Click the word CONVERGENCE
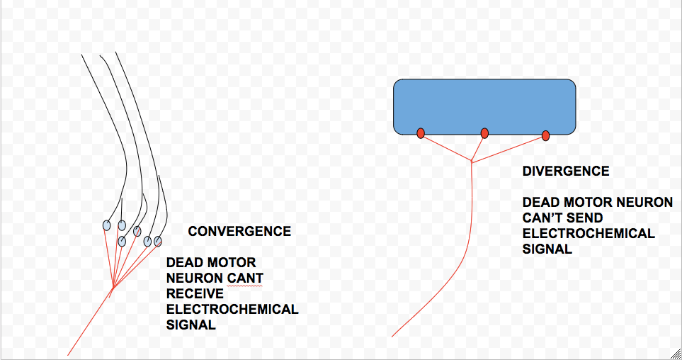[x=239, y=232]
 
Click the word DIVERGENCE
[x=566, y=171]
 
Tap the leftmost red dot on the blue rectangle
[x=421, y=133]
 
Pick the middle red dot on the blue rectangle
[x=484, y=133]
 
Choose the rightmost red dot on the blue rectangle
[x=546, y=135]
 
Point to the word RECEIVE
[x=195, y=294]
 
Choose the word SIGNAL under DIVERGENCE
[x=547, y=249]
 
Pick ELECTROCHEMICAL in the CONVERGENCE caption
[x=232, y=310]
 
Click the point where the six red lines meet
[x=113, y=288]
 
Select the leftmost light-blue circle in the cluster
[x=106, y=225]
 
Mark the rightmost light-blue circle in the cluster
[x=158, y=242]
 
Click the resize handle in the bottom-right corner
[x=675, y=353]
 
